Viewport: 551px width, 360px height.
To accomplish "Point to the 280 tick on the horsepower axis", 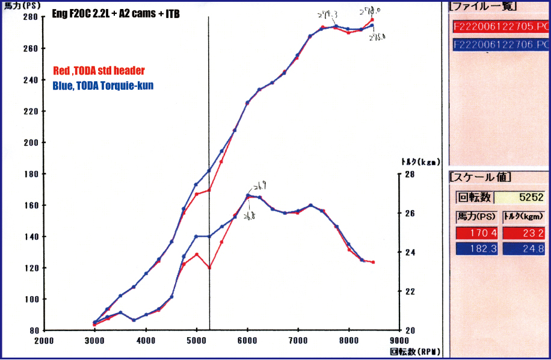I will (x=31, y=17).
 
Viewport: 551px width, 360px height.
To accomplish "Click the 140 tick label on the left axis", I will (x=31, y=237).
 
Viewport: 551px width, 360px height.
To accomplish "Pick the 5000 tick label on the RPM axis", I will (x=197, y=340).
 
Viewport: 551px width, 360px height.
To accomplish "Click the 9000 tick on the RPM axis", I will (x=399, y=340).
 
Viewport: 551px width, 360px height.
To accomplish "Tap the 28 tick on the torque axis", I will (x=409, y=174).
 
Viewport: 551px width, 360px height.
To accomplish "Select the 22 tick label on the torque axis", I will (x=409, y=291).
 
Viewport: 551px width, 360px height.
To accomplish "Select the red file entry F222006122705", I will (x=500, y=26).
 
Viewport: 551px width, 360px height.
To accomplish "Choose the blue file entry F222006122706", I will (x=500, y=45).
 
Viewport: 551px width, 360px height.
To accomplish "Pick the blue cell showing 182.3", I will (x=477, y=248).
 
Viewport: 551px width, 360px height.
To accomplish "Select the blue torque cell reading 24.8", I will (x=524, y=248).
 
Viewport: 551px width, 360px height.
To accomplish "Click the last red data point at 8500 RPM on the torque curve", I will (x=373, y=262).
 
